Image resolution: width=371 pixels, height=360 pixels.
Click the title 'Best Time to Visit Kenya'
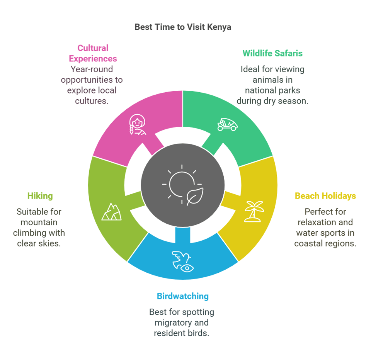click(183, 27)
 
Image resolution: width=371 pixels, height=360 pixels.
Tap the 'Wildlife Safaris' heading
click(272, 53)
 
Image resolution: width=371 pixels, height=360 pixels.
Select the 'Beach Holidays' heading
click(325, 196)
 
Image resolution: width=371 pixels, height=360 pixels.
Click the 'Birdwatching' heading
click(182, 296)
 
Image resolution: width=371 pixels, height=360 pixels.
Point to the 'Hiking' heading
click(40, 196)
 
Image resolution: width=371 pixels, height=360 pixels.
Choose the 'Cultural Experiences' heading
click(93, 53)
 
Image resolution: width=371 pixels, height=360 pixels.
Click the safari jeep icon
click(227, 124)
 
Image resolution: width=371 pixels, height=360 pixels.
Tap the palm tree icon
click(254, 211)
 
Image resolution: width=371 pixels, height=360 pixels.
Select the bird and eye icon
click(183, 261)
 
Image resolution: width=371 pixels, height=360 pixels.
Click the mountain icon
click(111, 212)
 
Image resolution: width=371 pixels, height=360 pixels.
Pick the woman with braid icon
click(137, 124)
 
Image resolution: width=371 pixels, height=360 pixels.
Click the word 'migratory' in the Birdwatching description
click(171, 322)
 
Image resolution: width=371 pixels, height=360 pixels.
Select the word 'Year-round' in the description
click(92, 69)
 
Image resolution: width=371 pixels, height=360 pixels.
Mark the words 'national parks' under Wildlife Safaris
click(272, 90)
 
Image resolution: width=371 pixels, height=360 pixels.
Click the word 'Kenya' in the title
click(219, 27)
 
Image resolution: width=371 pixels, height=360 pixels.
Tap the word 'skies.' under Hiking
click(49, 244)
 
